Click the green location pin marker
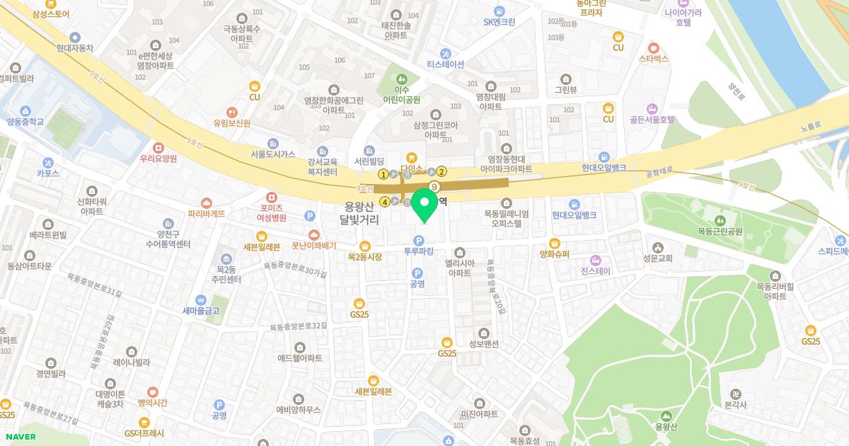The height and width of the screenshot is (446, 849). pos(424,205)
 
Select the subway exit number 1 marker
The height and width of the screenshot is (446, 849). pos(383,173)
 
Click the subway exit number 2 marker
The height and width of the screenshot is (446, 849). pos(441,171)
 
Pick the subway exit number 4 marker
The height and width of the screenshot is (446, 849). pos(385,202)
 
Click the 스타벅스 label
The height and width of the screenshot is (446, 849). pos(653,59)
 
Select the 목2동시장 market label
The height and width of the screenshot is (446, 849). pos(365,256)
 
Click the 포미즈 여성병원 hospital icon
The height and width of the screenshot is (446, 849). pos(272,197)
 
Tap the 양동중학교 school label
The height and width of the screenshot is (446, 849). pos(25,122)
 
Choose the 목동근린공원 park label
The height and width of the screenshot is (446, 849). pos(720,231)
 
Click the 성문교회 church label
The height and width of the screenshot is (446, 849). pos(658,258)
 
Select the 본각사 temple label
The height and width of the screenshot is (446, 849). pos(736,404)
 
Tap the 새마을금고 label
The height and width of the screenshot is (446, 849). pos(200,310)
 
